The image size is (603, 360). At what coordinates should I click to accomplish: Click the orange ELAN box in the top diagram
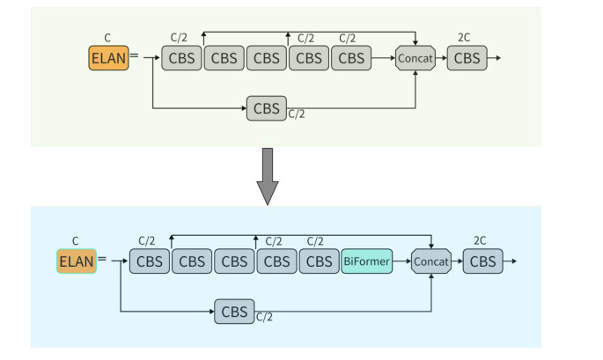(x=108, y=58)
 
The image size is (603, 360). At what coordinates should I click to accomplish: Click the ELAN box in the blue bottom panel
(x=77, y=261)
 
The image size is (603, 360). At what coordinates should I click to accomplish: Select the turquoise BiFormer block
(x=366, y=261)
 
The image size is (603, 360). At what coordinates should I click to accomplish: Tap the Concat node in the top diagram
(x=415, y=58)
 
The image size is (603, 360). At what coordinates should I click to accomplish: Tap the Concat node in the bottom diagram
(x=431, y=261)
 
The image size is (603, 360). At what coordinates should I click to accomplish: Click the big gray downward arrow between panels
(x=267, y=175)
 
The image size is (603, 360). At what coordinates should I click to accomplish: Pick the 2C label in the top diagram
(x=464, y=38)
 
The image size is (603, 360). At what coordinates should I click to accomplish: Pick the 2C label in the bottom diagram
(x=480, y=240)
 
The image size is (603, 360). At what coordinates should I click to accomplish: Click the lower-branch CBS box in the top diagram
(x=266, y=108)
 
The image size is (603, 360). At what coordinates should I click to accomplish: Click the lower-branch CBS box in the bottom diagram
(x=234, y=312)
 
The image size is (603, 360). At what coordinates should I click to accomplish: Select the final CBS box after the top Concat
(x=467, y=58)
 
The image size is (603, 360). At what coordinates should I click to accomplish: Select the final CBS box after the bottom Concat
(x=483, y=261)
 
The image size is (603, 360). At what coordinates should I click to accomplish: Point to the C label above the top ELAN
(x=107, y=38)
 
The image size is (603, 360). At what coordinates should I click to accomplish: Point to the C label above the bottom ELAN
(x=76, y=240)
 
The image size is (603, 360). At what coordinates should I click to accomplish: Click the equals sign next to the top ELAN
(x=134, y=57)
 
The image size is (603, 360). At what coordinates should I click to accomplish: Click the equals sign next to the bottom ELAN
(x=102, y=260)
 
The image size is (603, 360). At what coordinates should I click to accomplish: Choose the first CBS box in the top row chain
(x=181, y=58)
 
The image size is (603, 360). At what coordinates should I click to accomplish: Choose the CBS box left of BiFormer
(x=319, y=261)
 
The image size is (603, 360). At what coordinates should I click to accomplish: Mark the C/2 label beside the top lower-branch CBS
(x=297, y=114)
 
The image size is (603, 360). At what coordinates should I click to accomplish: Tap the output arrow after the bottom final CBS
(x=510, y=261)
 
